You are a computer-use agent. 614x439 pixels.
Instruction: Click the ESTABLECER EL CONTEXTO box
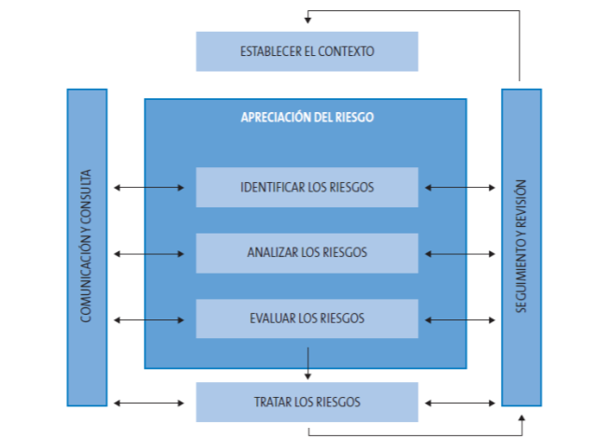click(307, 51)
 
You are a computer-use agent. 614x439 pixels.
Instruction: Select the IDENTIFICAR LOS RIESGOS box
click(307, 187)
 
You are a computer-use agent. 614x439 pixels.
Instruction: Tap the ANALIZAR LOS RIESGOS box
click(307, 252)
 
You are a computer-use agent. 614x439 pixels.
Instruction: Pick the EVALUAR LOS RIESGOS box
click(307, 319)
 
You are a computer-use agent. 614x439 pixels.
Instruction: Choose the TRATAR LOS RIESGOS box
click(307, 403)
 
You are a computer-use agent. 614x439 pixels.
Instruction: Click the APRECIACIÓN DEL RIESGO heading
click(307, 119)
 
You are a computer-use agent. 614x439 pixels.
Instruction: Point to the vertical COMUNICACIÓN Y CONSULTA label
click(87, 247)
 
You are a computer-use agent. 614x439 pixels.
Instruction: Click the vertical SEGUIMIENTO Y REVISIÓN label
click(521, 247)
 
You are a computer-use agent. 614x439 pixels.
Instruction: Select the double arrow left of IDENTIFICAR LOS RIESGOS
click(149, 188)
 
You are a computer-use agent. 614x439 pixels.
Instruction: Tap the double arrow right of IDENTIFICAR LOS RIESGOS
click(460, 188)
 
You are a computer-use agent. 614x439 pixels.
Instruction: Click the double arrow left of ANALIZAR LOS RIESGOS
click(149, 253)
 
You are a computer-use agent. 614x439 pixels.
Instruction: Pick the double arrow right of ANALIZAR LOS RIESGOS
click(460, 253)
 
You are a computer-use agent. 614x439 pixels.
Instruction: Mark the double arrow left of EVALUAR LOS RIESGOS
click(149, 319)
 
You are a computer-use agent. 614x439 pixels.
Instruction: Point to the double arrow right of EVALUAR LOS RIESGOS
click(460, 319)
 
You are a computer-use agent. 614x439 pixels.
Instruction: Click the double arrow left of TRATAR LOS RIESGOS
click(149, 404)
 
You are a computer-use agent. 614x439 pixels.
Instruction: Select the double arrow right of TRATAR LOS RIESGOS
click(460, 404)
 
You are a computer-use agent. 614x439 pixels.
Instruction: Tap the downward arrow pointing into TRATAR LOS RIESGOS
click(307, 363)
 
